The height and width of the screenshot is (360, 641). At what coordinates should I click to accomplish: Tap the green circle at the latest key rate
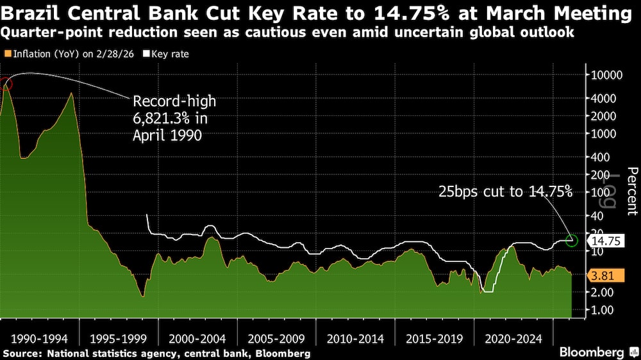pyautogui.click(x=572, y=241)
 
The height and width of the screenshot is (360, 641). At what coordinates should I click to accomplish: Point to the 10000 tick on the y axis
pyautogui.click(x=605, y=75)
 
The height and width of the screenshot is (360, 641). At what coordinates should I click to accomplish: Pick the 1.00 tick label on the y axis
pyautogui.click(x=601, y=309)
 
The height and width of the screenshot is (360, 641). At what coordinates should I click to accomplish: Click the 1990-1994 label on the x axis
pyautogui.click(x=40, y=338)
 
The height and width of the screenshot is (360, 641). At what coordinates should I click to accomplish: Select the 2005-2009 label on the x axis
pyautogui.click(x=277, y=338)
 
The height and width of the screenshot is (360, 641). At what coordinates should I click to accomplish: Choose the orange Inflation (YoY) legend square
pyautogui.click(x=6, y=54)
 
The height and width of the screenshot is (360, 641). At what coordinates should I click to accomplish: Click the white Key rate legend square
pyautogui.click(x=145, y=54)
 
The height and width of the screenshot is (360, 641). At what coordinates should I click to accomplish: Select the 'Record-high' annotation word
pyautogui.click(x=174, y=101)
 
